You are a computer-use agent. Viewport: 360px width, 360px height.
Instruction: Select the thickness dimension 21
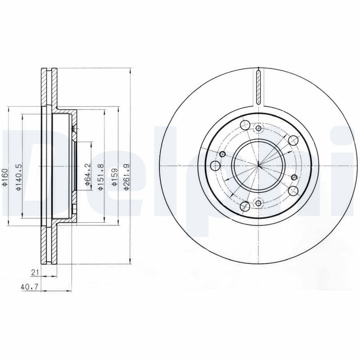[34, 272]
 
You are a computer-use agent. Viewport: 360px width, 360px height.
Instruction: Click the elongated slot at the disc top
[258, 86]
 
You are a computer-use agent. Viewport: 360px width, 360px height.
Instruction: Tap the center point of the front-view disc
[258, 166]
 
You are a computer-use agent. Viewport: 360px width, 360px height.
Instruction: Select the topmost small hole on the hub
[258, 129]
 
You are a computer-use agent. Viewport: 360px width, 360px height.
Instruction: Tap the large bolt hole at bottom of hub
[245, 206]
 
